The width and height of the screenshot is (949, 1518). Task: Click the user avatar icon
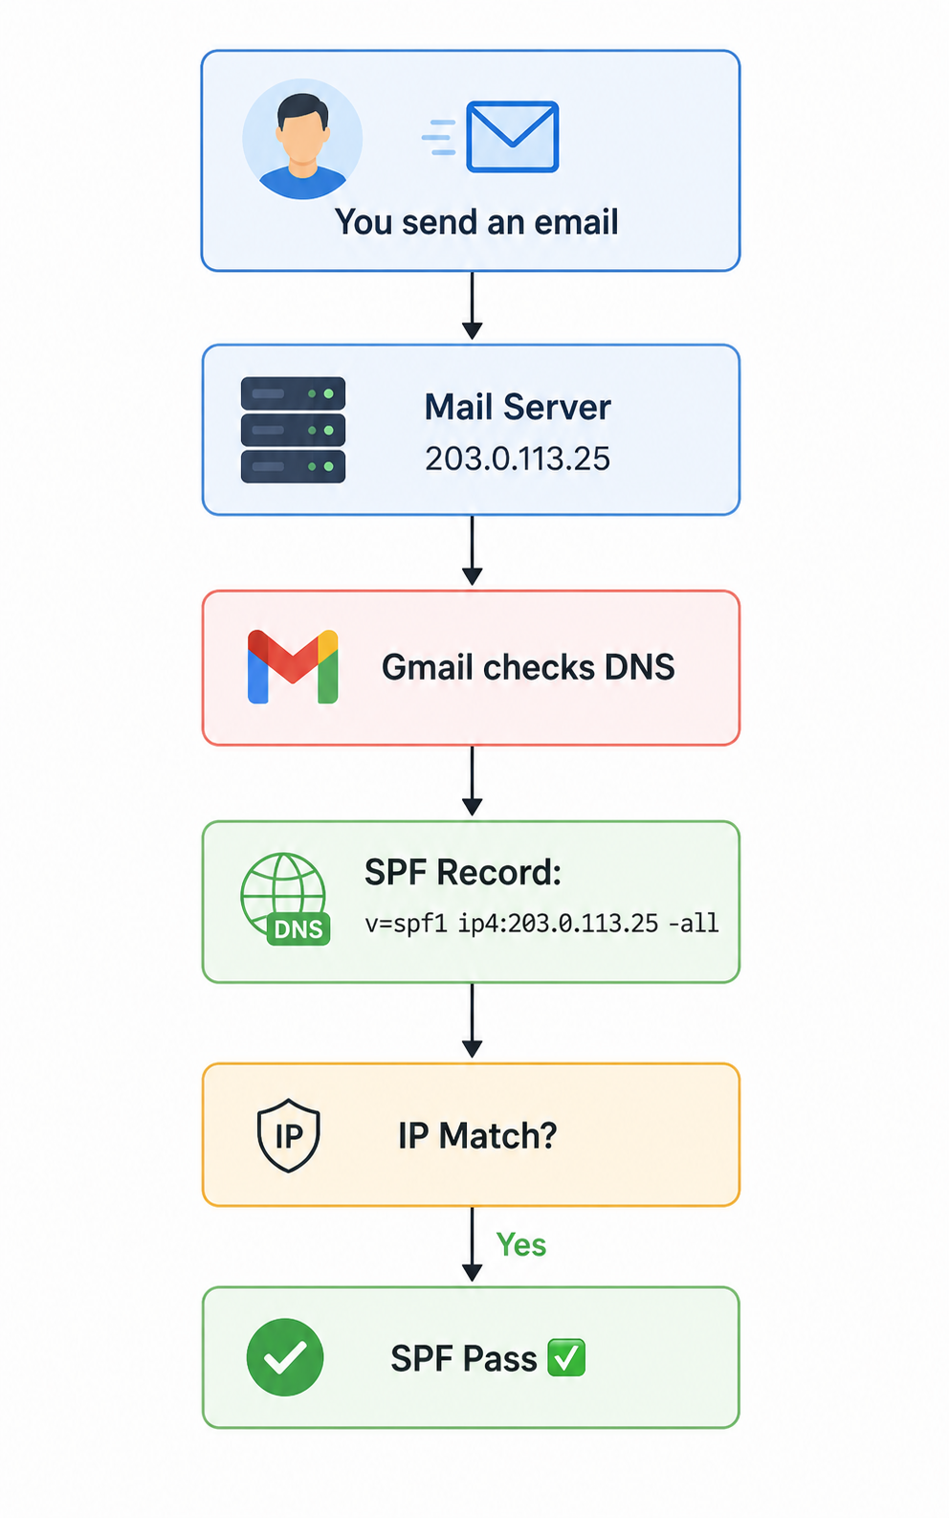[302, 139]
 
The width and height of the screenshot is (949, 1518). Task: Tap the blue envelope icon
[512, 136]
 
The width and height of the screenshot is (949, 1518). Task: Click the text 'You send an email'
[476, 222]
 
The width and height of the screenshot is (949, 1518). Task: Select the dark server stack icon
[294, 430]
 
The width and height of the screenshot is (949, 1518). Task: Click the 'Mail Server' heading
[518, 407]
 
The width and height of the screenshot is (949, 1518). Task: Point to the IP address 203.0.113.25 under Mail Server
[518, 458]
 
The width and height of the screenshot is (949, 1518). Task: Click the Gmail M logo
[293, 667]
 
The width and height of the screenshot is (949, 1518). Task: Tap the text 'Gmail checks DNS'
[528, 667]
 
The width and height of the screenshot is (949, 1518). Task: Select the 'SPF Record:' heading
[463, 872]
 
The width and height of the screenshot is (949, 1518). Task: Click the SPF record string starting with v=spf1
[541, 923]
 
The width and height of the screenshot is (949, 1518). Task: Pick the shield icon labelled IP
[289, 1135]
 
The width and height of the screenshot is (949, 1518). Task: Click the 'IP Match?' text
[477, 1136]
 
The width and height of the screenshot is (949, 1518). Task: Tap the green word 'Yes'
[521, 1245]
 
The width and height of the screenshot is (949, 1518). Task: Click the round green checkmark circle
[285, 1357]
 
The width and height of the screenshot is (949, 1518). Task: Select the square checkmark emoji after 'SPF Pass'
[566, 1357]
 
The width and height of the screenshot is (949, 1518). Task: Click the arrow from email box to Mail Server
[473, 305]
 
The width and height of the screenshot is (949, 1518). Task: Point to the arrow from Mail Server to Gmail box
[473, 550]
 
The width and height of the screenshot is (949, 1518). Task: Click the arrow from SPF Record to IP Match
[473, 1020]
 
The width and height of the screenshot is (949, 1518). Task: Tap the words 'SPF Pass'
[464, 1359]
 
